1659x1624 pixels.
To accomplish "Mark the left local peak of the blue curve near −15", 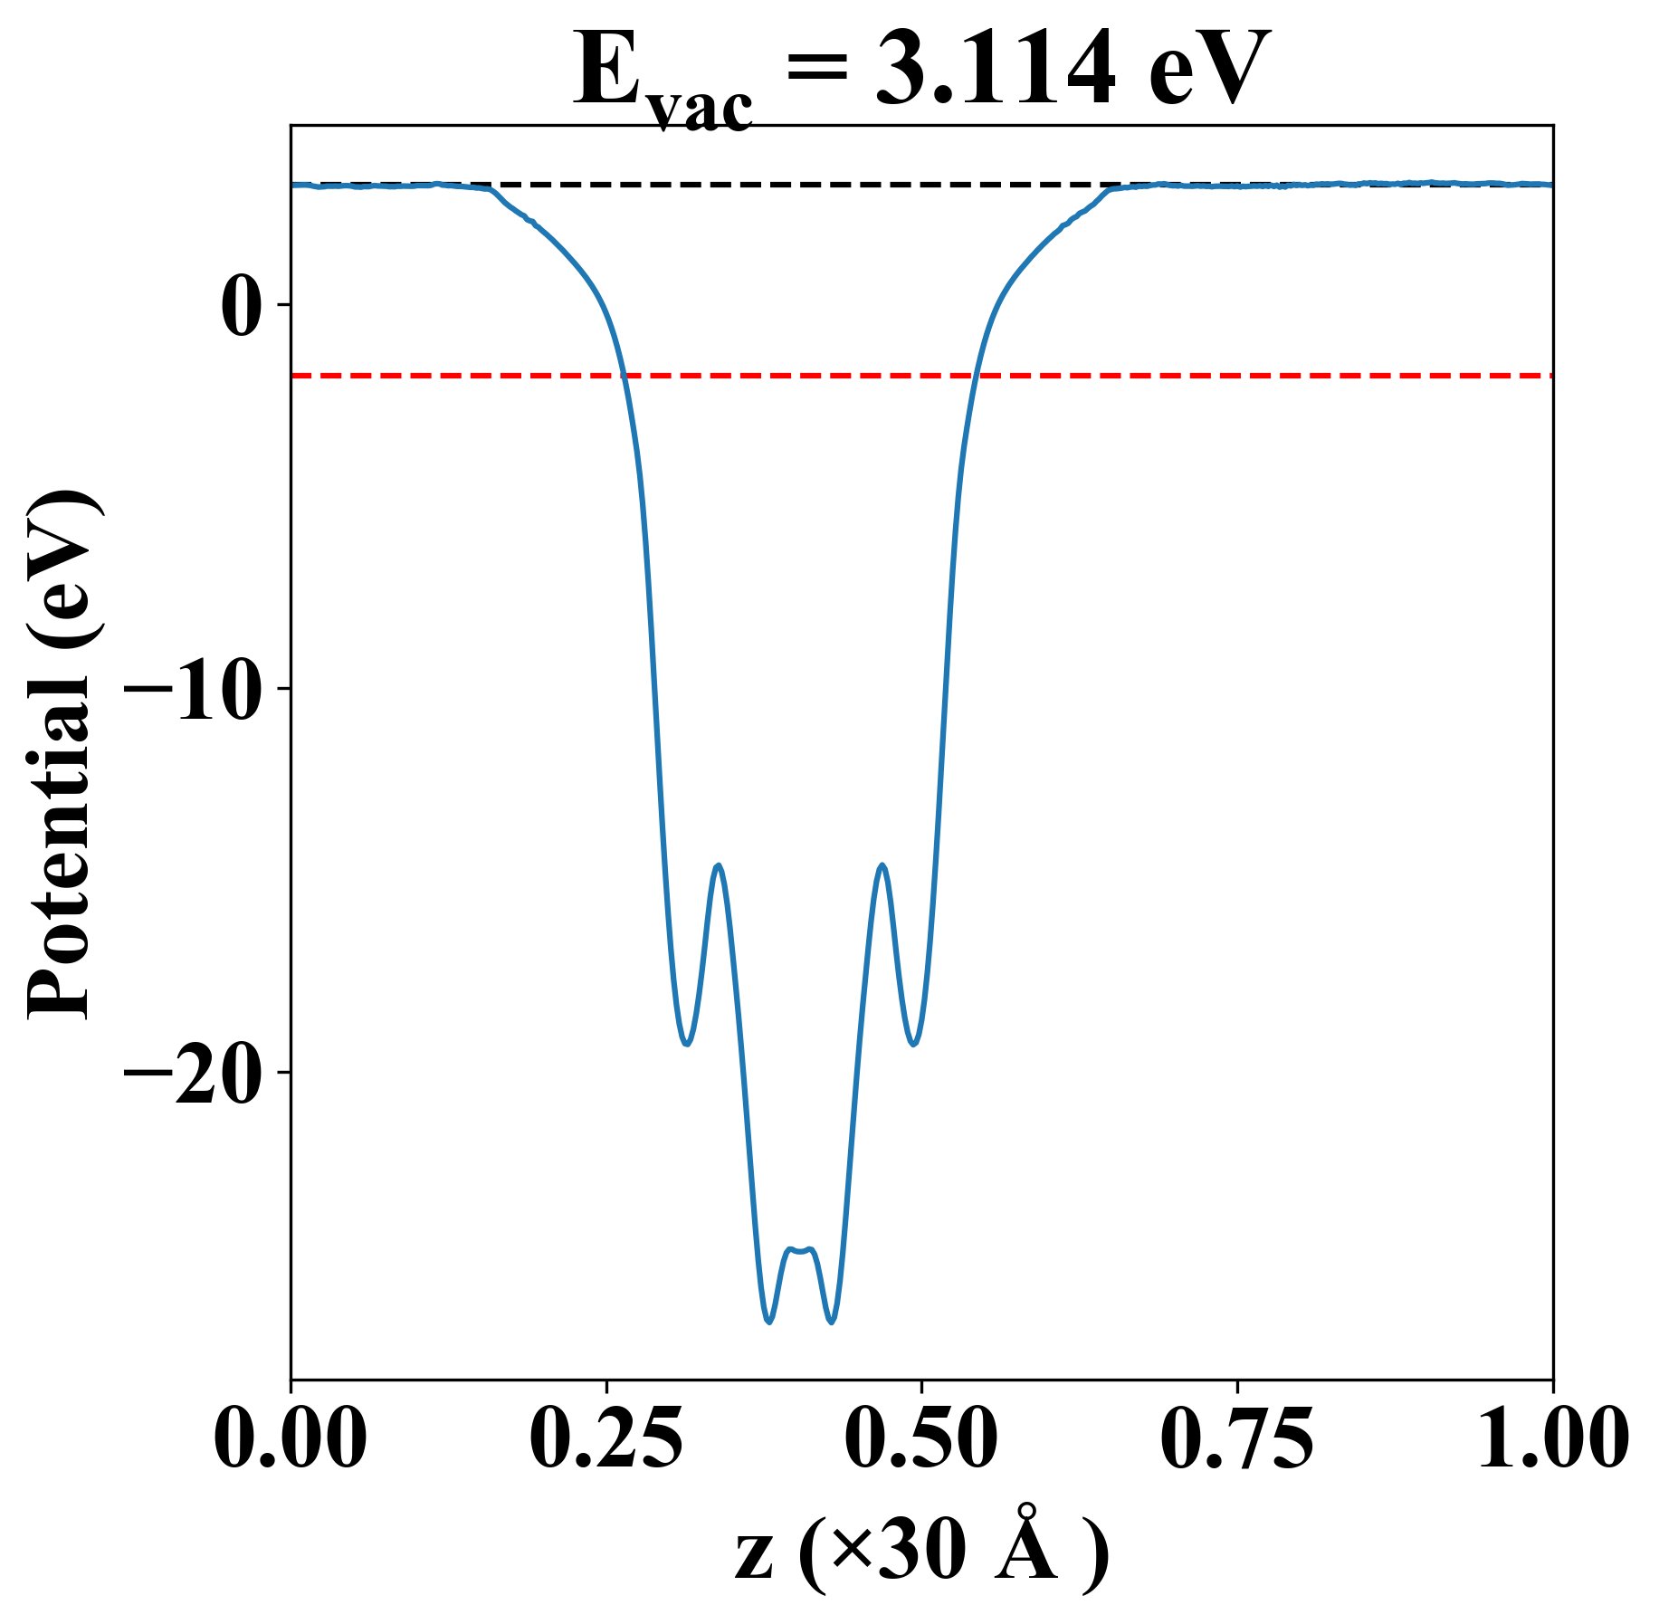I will point(719,865).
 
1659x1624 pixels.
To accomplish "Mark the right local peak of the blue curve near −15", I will point(882,865).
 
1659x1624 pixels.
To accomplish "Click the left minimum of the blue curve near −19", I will point(687,1044).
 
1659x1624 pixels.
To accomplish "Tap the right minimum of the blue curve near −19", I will point(914,1044).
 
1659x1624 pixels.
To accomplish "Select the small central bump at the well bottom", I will point(800,1250).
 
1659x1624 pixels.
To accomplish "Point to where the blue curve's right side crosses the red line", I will point(975,375).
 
